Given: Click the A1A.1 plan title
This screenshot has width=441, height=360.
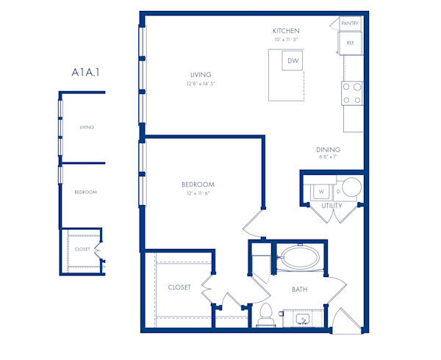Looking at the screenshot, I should pyautogui.click(x=87, y=72).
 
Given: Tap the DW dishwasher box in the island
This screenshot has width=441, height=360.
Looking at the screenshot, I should pyautogui.click(x=293, y=61).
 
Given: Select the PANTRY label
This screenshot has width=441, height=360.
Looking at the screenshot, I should pyautogui.click(x=351, y=24).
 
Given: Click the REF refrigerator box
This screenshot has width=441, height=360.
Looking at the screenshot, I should pyautogui.click(x=351, y=43).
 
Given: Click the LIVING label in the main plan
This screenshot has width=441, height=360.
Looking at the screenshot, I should pyautogui.click(x=201, y=75).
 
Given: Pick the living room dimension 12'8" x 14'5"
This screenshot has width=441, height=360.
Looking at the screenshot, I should pyautogui.click(x=201, y=84).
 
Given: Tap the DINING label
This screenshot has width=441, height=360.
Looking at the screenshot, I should pyautogui.click(x=329, y=150).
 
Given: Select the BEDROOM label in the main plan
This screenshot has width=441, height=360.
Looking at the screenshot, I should pyautogui.click(x=198, y=184).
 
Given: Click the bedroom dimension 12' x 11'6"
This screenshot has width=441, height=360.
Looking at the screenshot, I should pyautogui.click(x=198, y=192).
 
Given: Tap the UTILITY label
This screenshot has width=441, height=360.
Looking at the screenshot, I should pyautogui.click(x=331, y=206).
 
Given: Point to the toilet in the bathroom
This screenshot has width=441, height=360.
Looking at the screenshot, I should pyautogui.click(x=265, y=314).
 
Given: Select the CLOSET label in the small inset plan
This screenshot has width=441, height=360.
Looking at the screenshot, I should pyautogui.click(x=82, y=249).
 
